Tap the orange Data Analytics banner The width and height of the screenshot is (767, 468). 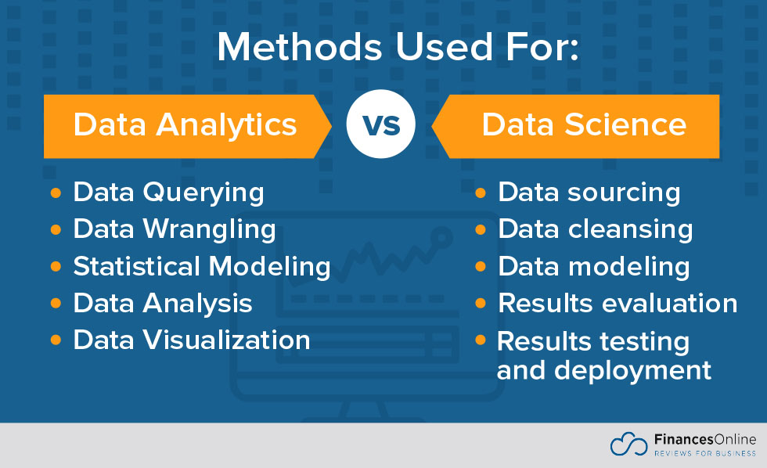pos(185,125)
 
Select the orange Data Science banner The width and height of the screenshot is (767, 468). pos(584,125)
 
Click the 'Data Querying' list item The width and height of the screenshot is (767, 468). pos(168,193)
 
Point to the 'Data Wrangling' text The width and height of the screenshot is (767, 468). pos(175,229)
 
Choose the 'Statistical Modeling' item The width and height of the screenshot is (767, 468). pos(202,266)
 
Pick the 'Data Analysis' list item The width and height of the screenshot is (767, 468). pos(163,303)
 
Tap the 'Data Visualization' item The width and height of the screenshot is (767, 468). pos(192,340)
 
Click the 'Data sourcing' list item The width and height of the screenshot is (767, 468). pos(589,193)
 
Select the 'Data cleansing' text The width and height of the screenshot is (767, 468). pos(596,229)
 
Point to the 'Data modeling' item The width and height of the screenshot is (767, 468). pos(594,266)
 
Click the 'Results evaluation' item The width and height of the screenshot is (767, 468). pos(618,303)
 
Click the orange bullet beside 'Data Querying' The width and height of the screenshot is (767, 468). pos(56,193)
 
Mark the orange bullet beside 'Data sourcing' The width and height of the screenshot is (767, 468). pos(481,193)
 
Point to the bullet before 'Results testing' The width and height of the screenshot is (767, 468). pos(481,341)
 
